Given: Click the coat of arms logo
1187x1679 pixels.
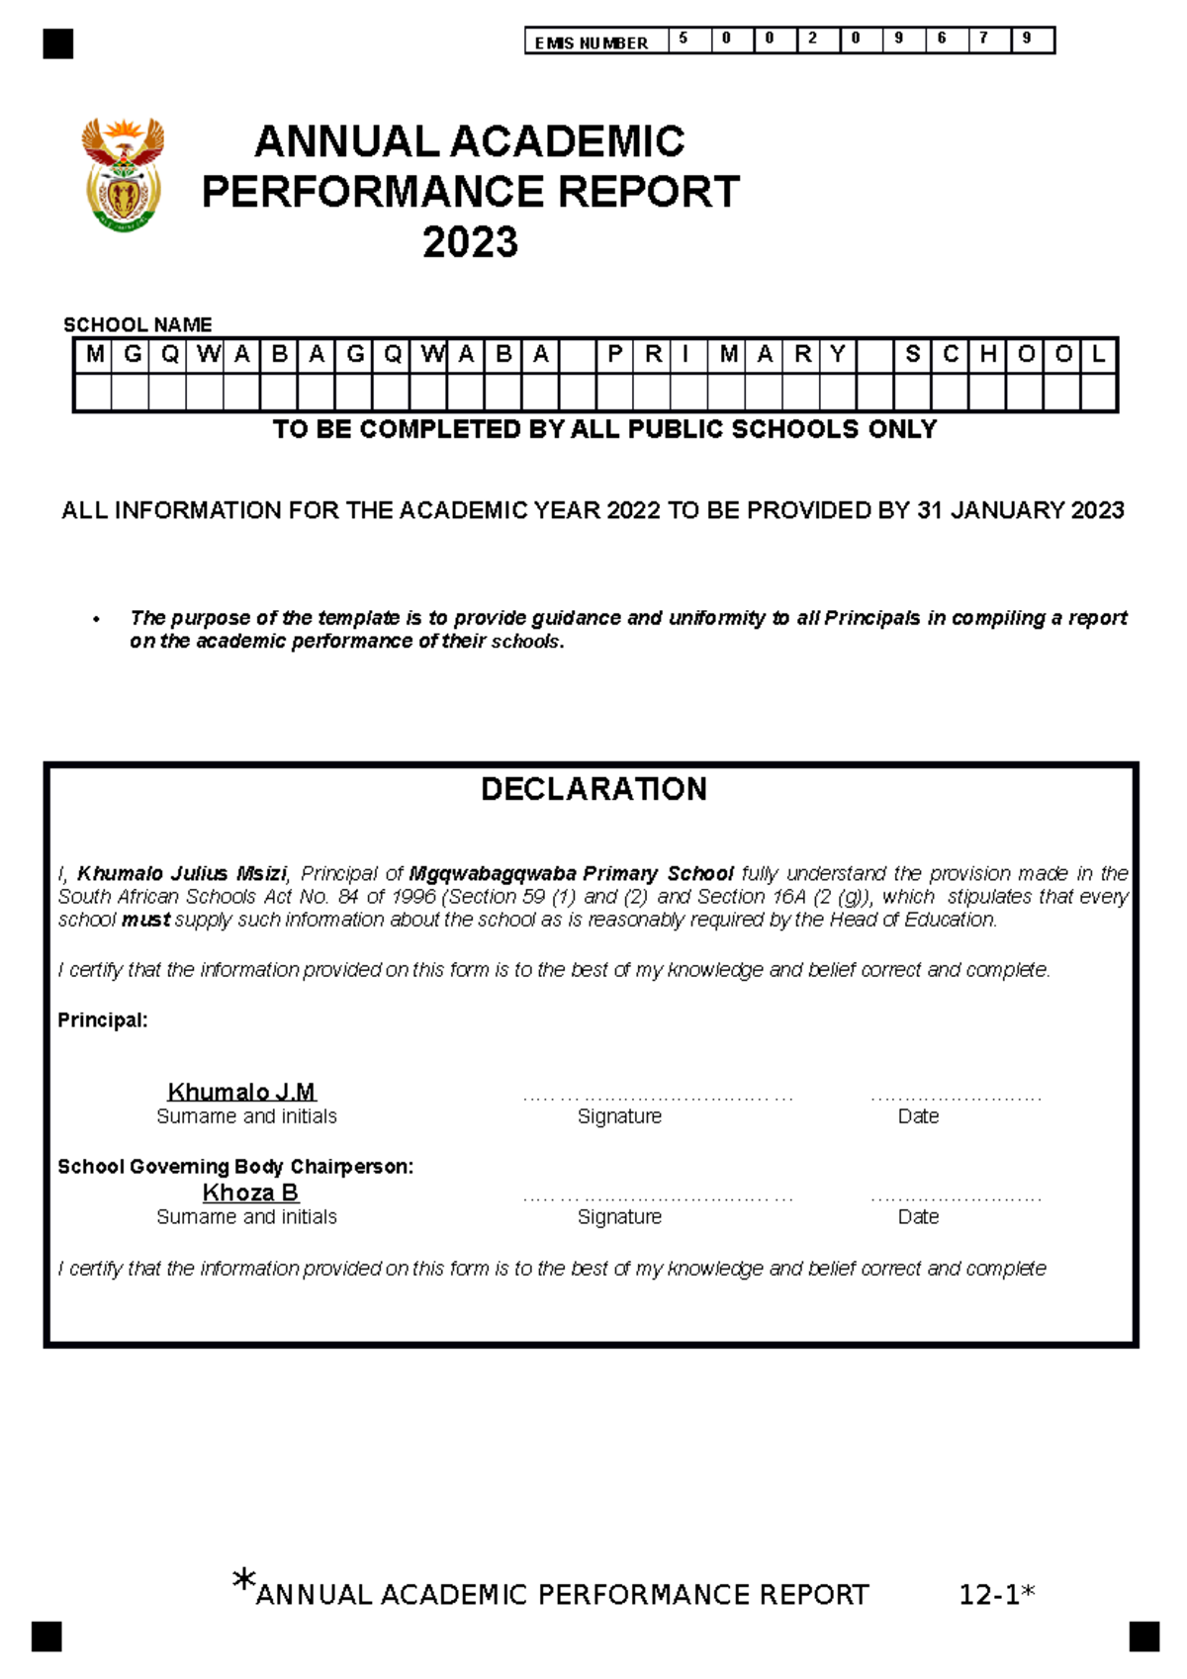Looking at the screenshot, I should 123,175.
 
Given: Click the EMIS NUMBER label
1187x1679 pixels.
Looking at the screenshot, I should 591,43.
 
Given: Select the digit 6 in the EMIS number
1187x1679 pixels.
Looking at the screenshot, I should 941,39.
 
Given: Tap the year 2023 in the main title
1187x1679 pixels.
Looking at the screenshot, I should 470,242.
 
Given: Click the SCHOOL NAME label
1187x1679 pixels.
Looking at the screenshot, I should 137,324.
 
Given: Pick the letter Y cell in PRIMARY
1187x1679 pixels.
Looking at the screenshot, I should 837,354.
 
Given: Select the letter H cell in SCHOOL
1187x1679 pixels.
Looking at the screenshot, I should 987,354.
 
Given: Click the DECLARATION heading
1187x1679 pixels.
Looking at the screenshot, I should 593,789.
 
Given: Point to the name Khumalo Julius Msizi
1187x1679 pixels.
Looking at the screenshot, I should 181,873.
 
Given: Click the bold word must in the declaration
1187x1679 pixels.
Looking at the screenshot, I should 145,920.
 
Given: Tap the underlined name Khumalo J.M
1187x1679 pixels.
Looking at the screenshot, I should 241,1092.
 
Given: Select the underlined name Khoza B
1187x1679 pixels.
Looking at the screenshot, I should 250,1193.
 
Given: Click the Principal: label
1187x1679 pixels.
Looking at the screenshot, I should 102,1019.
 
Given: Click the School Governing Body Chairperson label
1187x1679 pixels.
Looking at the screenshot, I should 235,1166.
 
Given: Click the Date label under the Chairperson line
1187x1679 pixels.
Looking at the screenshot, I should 918,1216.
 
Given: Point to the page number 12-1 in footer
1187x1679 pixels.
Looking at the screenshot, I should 989,1595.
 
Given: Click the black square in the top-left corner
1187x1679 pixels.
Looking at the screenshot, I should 58,44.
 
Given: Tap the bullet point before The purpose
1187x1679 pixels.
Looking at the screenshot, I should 96,619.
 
